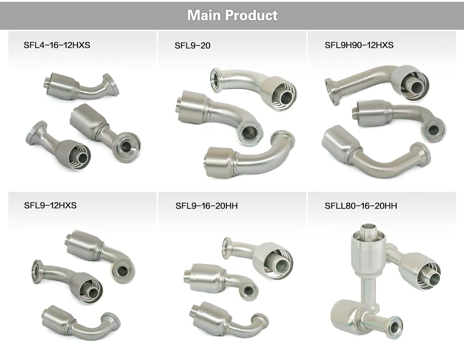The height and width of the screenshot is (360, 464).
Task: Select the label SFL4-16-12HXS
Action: [x=57, y=45]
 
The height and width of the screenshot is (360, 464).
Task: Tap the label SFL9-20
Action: [x=192, y=45]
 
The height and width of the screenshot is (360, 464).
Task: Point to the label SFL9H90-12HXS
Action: [x=359, y=45]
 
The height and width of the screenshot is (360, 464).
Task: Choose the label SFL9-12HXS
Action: [x=50, y=205]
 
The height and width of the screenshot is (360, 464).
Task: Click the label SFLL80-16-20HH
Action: [x=361, y=205]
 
